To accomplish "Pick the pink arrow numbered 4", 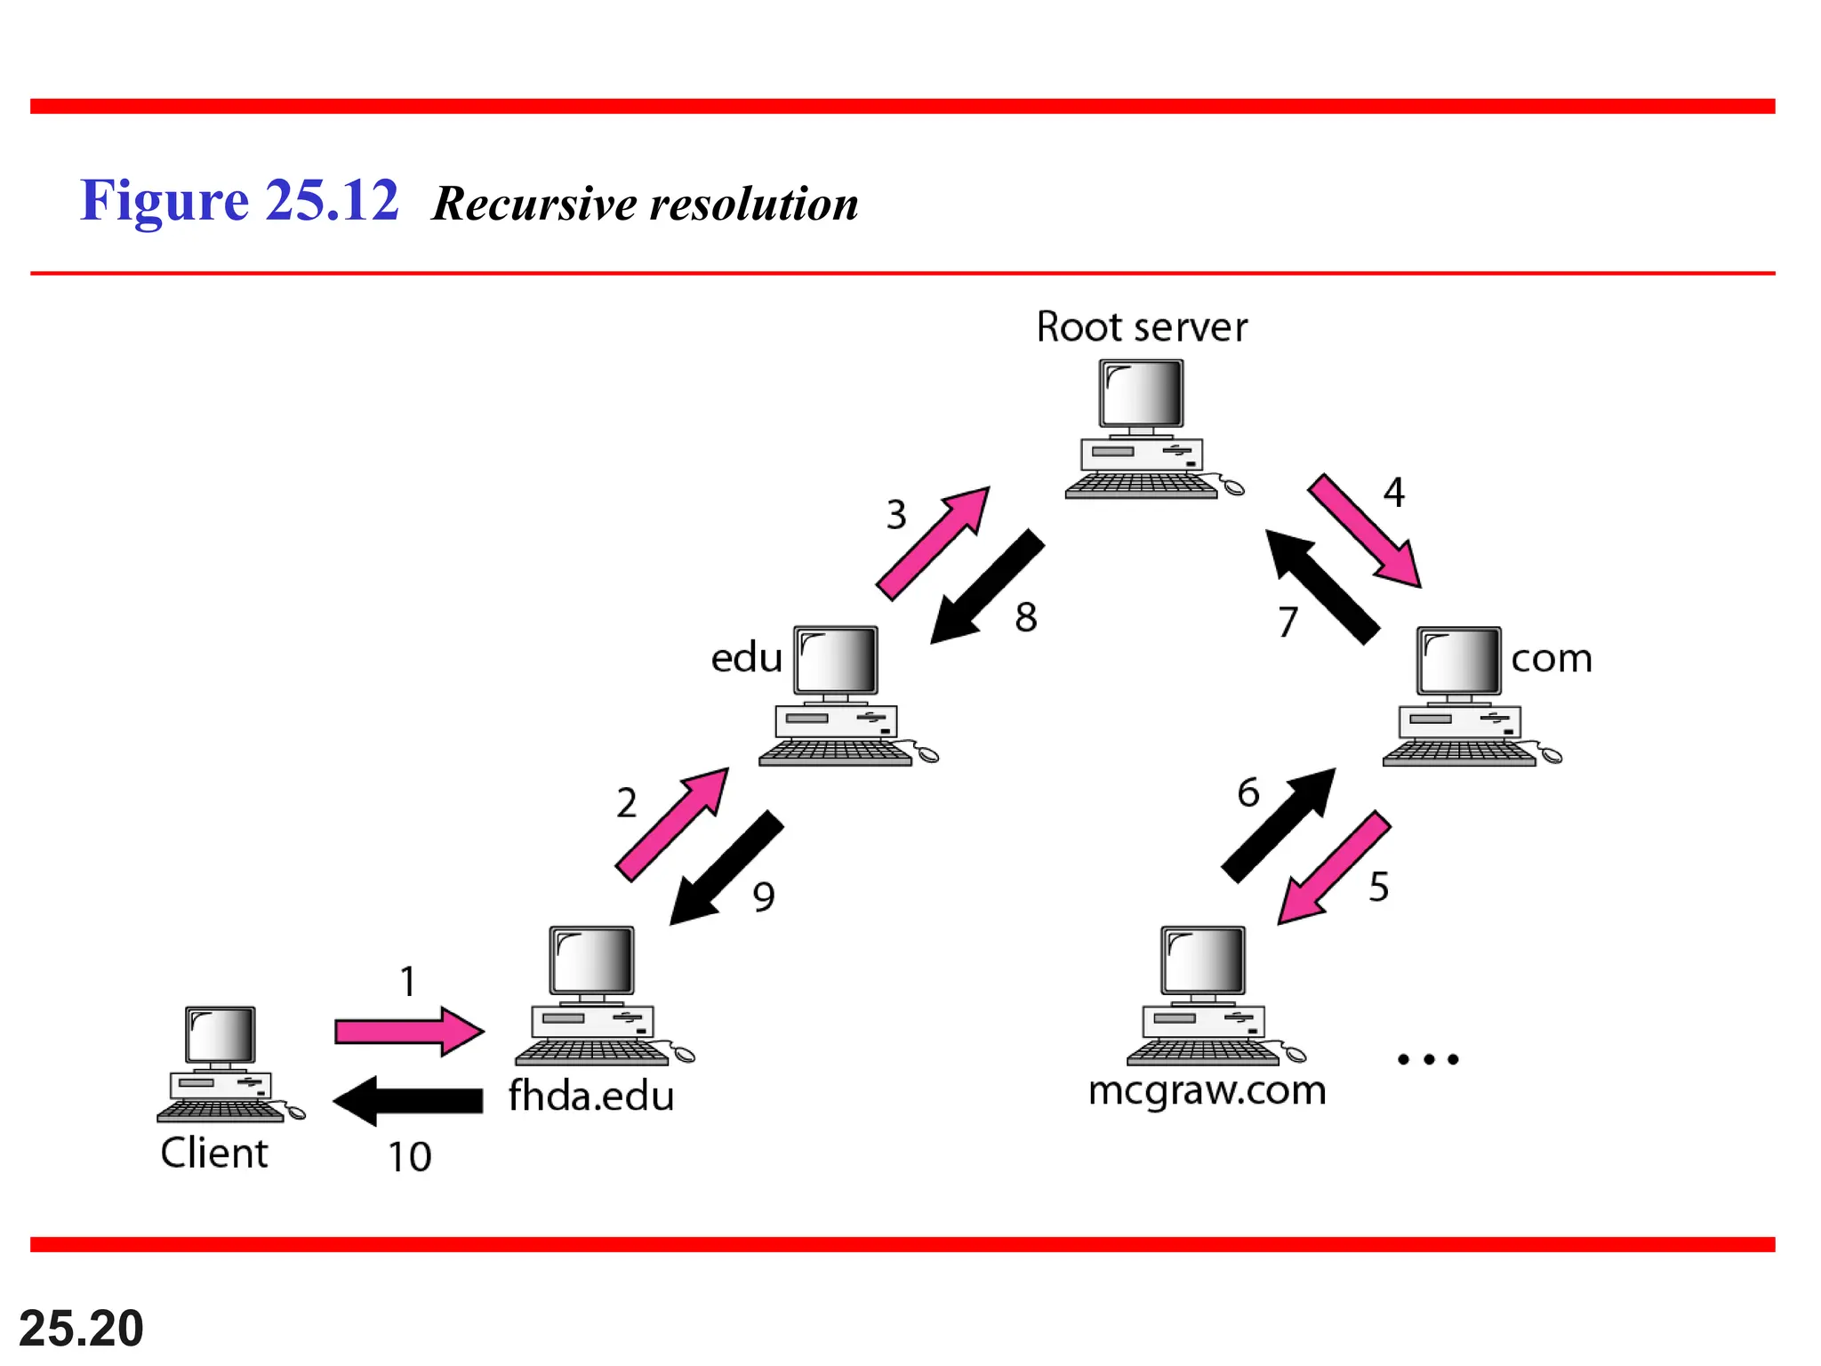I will point(1364,531).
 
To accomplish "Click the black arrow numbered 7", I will point(1322,586).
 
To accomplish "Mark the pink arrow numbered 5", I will point(1334,867).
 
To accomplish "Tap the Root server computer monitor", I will point(1141,394).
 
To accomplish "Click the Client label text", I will point(213,1153).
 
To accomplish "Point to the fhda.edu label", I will point(590,1096).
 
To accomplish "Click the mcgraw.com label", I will point(1207,1090).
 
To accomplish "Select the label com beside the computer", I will point(1551,659).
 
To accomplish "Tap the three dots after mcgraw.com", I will point(1428,1059).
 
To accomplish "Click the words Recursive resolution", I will point(645,204).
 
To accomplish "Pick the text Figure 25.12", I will point(239,200).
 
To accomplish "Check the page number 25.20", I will point(81,1328).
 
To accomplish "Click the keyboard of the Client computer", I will point(221,1111).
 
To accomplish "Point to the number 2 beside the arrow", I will point(626,803).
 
